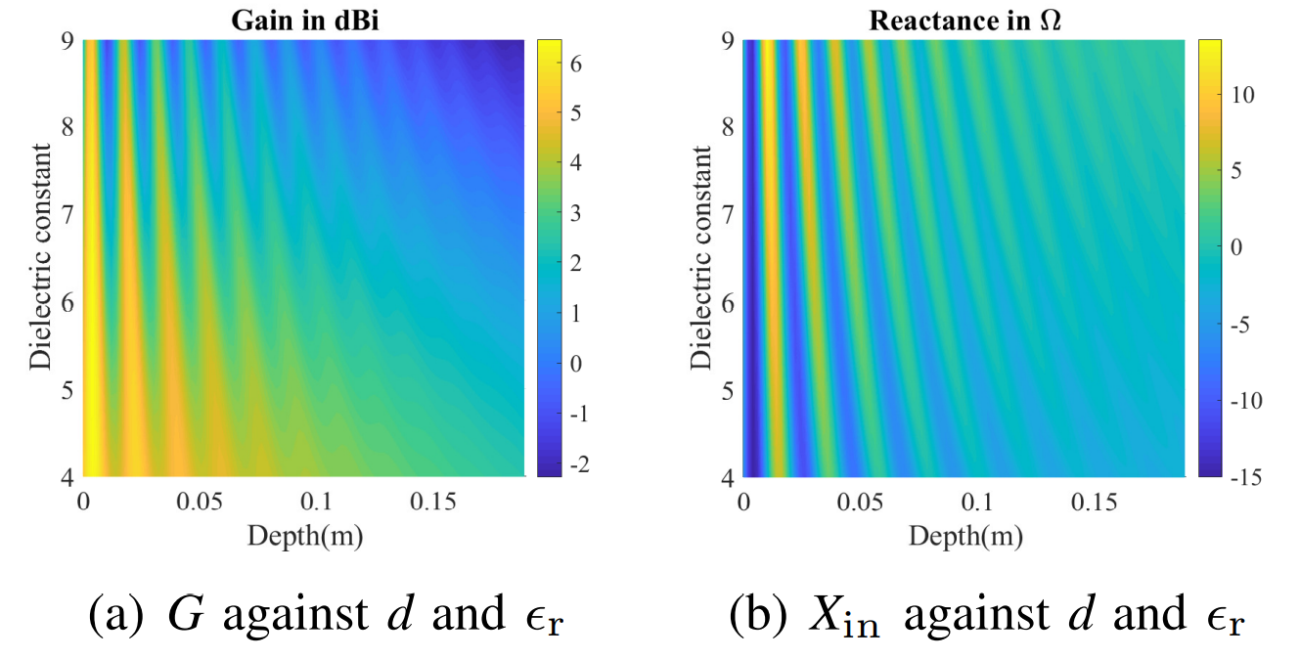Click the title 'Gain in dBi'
tap(304, 20)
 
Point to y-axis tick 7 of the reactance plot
tap(729, 215)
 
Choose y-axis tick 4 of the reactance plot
tap(729, 477)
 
